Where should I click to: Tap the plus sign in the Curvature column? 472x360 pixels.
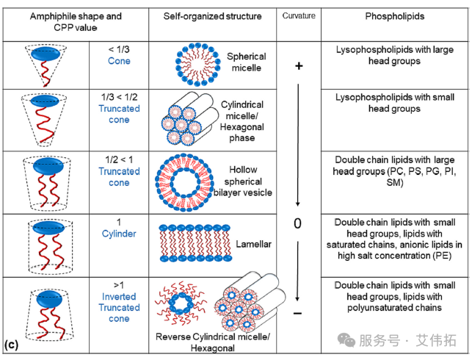tap(298, 66)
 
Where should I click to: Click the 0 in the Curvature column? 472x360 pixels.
tap(297, 223)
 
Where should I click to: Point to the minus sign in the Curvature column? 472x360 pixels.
tap(298, 314)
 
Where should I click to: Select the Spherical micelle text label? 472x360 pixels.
tap(246, 62)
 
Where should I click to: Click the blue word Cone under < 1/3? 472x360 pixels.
tap(119, 62)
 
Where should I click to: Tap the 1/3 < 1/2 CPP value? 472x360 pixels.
tap(119, 97)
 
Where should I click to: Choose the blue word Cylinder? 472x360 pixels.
tap(119, 234)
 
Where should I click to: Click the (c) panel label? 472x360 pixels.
tap(12, 344)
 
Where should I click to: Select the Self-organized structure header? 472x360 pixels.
tap(212, 16)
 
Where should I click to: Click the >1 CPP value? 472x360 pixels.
tap(119, 284)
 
